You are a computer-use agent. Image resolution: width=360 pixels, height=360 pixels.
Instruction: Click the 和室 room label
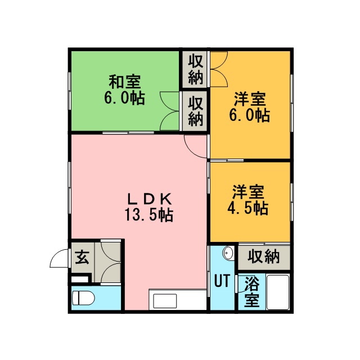(x=125, y=82)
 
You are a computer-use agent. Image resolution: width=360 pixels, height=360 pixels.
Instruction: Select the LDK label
(x=150, y=199)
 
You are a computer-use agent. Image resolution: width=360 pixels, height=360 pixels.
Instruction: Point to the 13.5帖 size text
(x=148, y=215)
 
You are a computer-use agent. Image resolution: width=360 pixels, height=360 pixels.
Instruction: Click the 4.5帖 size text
(x=248, y=208)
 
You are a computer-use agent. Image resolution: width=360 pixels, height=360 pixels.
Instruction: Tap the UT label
(x=222, y=281)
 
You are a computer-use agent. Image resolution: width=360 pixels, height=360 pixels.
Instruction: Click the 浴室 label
(x=252, y=292)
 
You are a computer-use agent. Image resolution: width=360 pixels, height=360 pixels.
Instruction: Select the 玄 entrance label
(x=82, y=257)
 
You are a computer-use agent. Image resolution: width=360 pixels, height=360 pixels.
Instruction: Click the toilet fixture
(x=83, y=298)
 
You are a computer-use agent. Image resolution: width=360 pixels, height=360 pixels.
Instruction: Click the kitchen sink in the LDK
(x=165, y=301)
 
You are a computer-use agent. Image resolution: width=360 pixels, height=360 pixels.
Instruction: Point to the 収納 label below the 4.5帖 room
(x=264, y=256)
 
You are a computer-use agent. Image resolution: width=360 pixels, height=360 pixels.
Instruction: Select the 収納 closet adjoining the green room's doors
(x=196, y=111)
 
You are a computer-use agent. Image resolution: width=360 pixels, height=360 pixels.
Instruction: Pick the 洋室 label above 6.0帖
(x=250, y=99)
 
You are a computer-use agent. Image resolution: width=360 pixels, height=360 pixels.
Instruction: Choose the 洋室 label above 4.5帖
(x=248, y=192)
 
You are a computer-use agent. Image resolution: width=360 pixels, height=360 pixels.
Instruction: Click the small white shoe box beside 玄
(x=79, y=280)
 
